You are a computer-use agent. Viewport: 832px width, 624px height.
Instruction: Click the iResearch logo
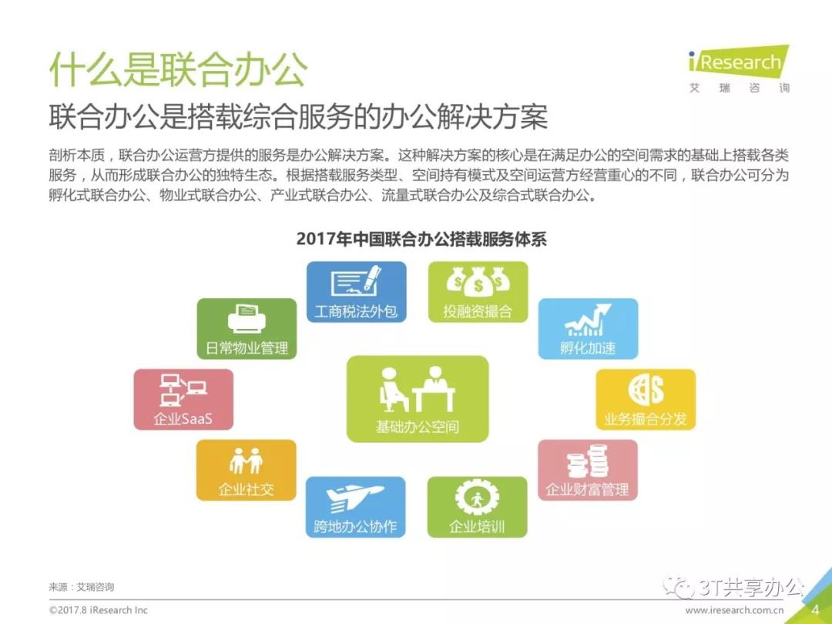[739, 69]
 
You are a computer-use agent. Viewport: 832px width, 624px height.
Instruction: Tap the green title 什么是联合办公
[179, 69]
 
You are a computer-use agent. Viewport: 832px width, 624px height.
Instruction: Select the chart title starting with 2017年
[421, 239]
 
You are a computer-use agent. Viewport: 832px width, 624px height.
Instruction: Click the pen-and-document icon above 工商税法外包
[356, 282]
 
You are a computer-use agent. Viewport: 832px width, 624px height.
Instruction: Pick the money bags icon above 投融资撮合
[478, 280]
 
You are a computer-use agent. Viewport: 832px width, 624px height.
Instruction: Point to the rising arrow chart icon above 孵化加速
[588, 320]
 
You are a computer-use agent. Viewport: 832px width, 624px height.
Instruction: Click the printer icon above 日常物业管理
[247, 320]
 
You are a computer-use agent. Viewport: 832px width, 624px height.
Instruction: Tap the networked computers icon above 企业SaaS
[183, 390]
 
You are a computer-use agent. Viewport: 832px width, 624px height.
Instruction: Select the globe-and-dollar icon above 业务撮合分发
[646, 390]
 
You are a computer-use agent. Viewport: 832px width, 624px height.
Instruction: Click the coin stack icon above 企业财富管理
[587, 461]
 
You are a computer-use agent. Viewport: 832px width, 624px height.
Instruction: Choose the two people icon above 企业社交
[247, 461]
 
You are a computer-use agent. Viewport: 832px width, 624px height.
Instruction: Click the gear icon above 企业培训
[477, 498]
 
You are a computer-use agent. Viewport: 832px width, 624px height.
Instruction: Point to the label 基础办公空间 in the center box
[417, 427]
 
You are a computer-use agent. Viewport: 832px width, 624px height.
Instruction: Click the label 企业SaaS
[183, 418]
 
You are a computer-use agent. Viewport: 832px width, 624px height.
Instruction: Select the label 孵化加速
[588, 348]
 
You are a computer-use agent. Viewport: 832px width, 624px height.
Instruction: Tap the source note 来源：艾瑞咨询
[81, 587]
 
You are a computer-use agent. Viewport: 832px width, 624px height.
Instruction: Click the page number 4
[815, 610]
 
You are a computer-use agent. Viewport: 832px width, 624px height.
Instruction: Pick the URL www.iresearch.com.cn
[734, 610]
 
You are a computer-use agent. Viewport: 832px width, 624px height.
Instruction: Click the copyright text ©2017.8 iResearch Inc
[98, 610]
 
